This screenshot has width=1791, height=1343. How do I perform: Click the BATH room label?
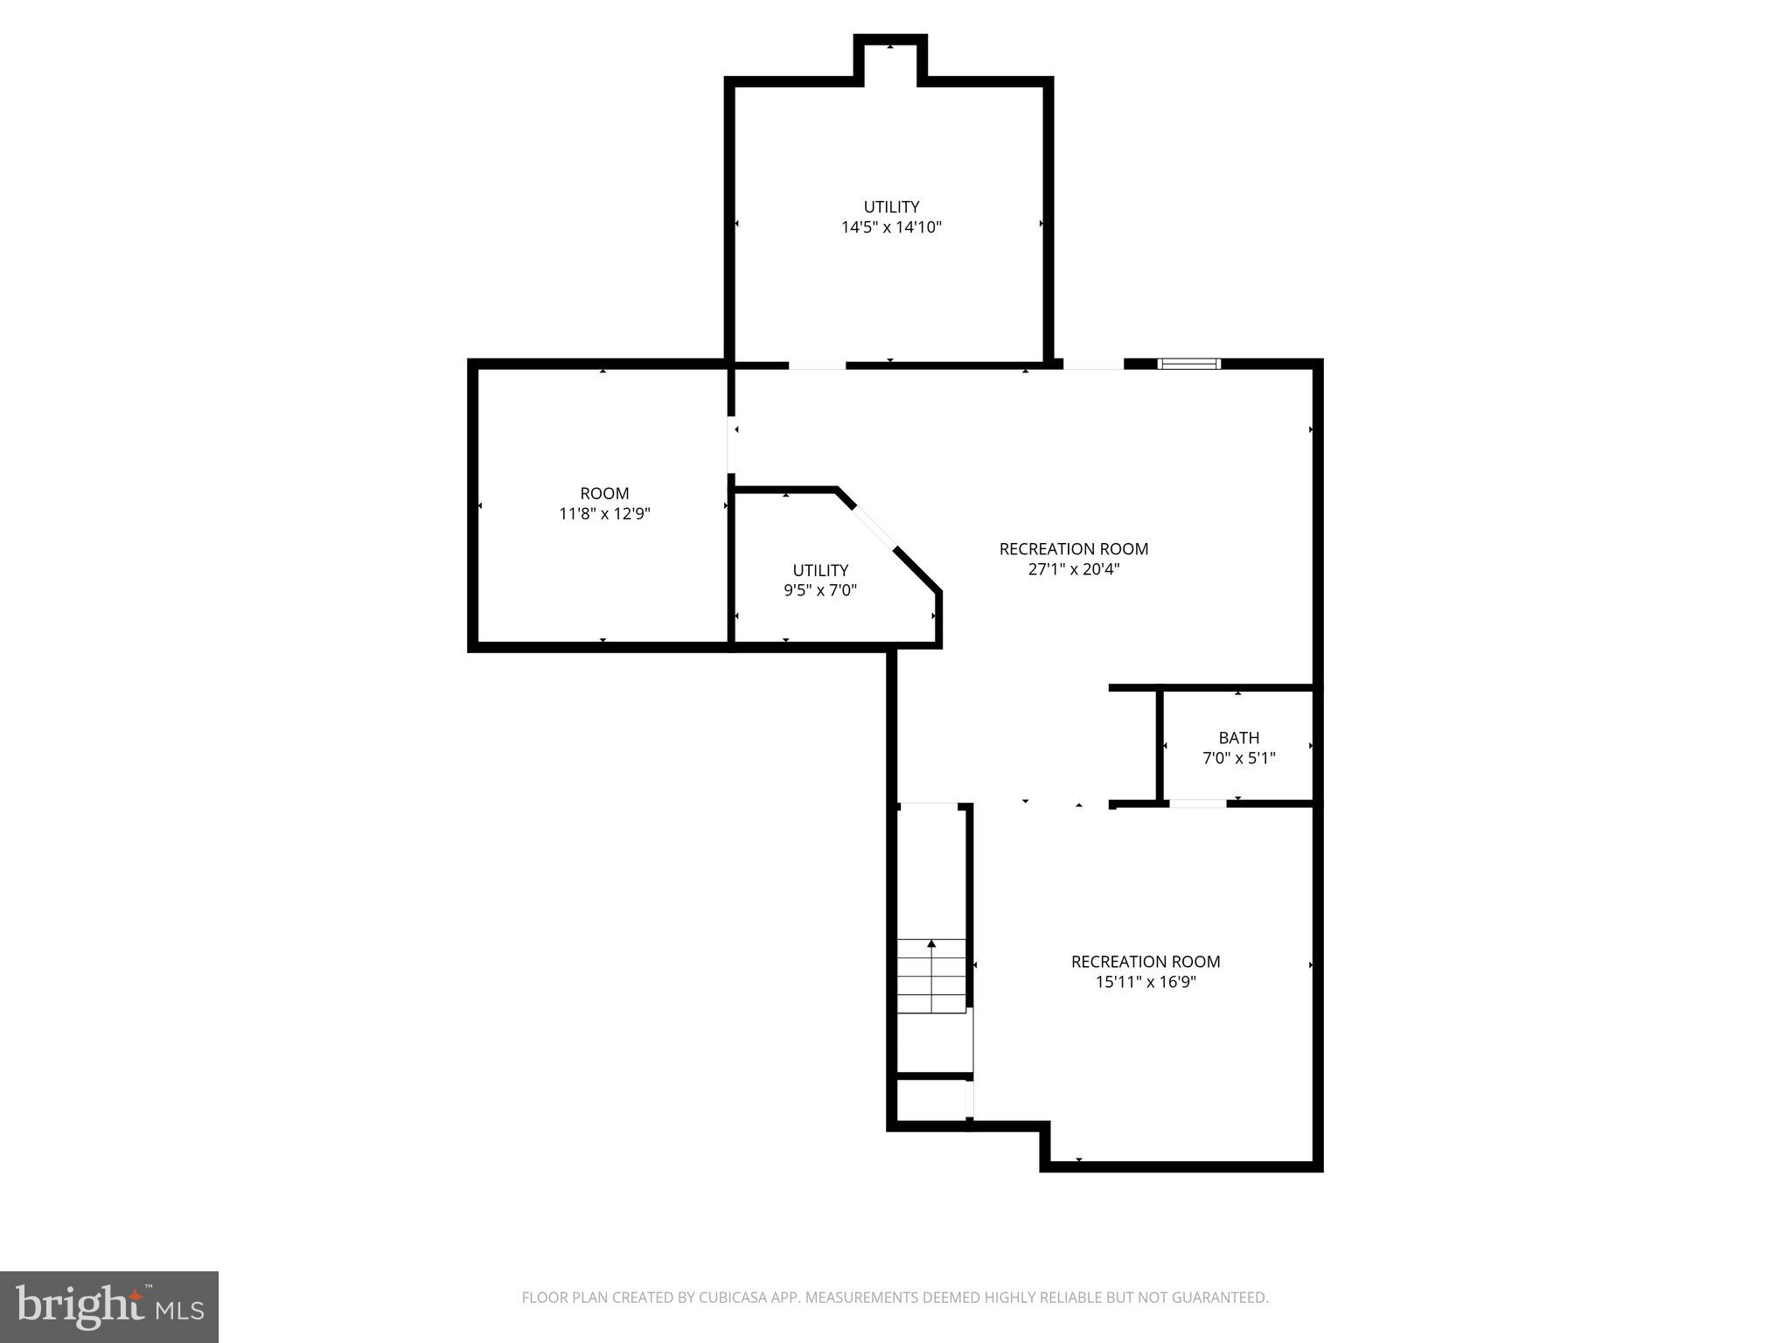tap(1238, 738)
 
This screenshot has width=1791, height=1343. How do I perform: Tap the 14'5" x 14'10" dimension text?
tap(891, 227)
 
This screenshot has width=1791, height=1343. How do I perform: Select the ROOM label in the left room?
tap(604, 493)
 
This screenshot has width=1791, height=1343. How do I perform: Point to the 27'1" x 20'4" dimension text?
tap(1073, 569)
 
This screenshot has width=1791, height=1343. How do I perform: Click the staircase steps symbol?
tap(931, 975)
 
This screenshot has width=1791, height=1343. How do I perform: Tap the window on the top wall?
tap(1188, 364)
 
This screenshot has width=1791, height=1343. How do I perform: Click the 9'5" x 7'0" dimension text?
tap(819, 590)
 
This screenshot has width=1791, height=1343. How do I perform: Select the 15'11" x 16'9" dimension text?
tap(1146, 982)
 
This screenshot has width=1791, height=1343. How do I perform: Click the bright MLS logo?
tap(109, 1306)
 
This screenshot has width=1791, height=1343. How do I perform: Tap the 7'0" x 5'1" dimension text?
tap(1238, 758)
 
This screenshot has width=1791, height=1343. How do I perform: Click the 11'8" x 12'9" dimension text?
tap(604, 513)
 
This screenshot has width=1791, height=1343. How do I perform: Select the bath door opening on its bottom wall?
tap(1197, 804)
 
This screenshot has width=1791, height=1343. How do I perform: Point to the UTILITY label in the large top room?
tap(891, 207)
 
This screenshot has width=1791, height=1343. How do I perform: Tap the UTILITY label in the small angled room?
tap(820, 570)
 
